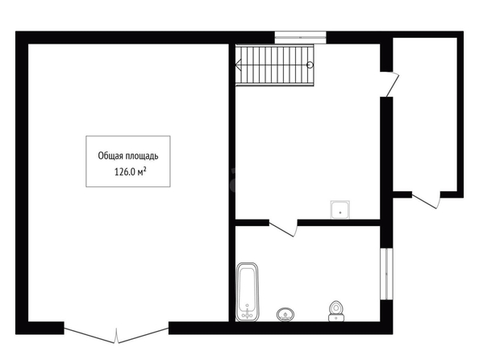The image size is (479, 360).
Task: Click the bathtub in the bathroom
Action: pos(247,291)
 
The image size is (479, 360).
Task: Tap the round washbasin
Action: pos(285,315)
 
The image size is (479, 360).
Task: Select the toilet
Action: pos(336,311)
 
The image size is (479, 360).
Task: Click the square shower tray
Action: pos(340,210)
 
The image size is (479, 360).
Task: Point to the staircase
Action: pos(275,65)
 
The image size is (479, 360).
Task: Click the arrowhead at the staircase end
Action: pos(239,65)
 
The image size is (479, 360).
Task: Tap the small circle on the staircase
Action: pos(310,65)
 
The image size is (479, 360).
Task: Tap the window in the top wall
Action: pos(300,38)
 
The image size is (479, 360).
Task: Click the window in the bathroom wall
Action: pos(386,274)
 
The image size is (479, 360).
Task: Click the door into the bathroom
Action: pos(282,228)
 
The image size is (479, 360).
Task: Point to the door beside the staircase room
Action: pos(390,84)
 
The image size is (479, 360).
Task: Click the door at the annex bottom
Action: pos(426,200)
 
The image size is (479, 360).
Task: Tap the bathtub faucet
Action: pos(247,313)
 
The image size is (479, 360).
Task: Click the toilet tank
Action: pos(336,318)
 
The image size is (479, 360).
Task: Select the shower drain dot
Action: pos(340,212)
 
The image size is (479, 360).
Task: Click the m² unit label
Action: pos(142,172)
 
